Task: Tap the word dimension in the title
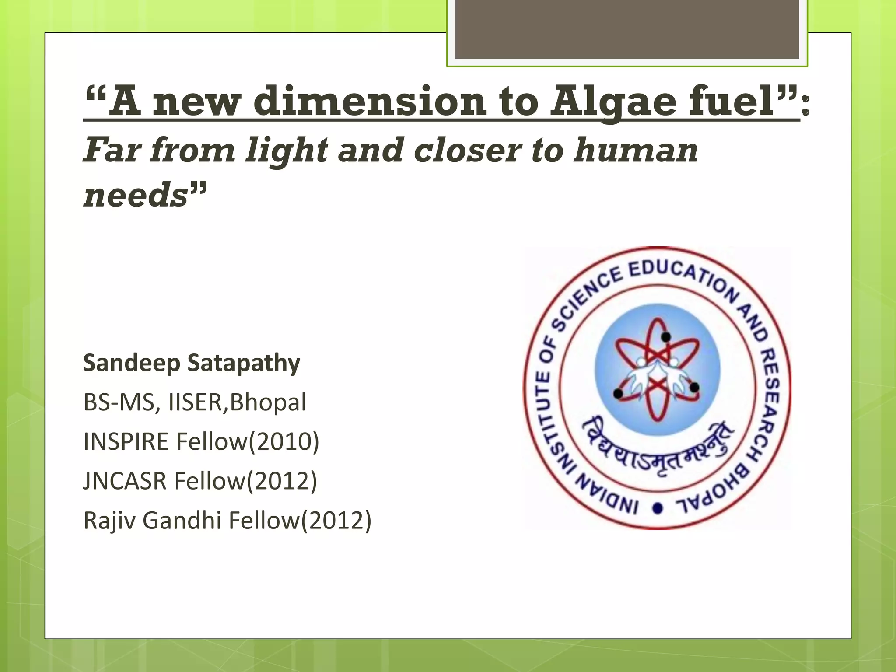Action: (x=370, y=101)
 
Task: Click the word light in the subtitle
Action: (x=287, y=150)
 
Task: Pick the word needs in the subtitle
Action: (x=136, y=195)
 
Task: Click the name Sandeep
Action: (x=132, y=364)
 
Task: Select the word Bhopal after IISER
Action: (x=268, y=402)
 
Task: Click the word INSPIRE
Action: (x=126, y=442)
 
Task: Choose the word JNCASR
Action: (x=125, y=481)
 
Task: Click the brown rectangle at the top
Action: (x=627, y=29)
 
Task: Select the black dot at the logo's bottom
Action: (x=658, y=508)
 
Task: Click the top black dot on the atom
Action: (x=666, y=337)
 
